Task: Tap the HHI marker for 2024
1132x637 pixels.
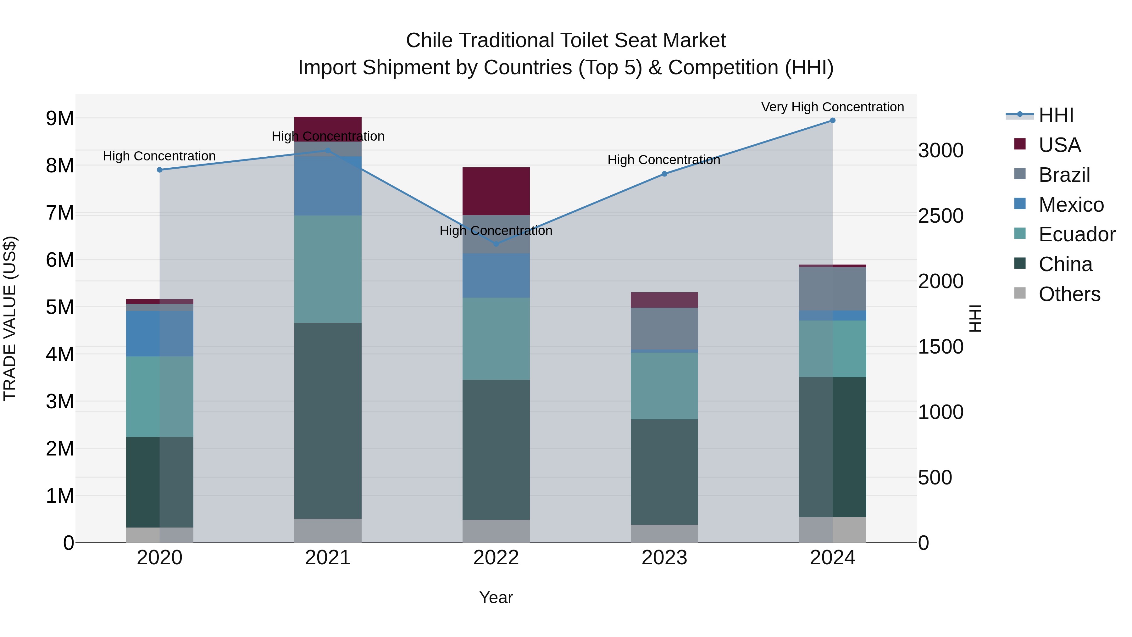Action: (832, 120)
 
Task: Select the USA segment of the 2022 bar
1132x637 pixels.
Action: (496, 191)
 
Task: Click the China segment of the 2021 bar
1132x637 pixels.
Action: (328, 420)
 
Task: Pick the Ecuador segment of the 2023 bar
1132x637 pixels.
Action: (664, 386)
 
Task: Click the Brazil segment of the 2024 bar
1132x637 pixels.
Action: (832, 289)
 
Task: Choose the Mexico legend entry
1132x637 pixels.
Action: (1071, 205)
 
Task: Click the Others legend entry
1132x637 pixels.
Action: (1069, 294)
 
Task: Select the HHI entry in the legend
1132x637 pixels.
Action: (1056, 115)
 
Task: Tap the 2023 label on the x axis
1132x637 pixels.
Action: (664, 558)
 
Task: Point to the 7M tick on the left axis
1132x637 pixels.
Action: (60, 213)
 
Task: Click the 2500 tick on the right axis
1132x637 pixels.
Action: (941, 216)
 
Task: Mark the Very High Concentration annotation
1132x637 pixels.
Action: (832, 107)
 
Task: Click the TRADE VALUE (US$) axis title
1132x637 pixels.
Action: (10, 318)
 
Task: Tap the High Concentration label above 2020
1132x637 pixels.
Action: (159, 156)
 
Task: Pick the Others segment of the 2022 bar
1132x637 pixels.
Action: (496, 531)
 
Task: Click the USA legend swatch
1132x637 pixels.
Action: (1019, 144)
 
